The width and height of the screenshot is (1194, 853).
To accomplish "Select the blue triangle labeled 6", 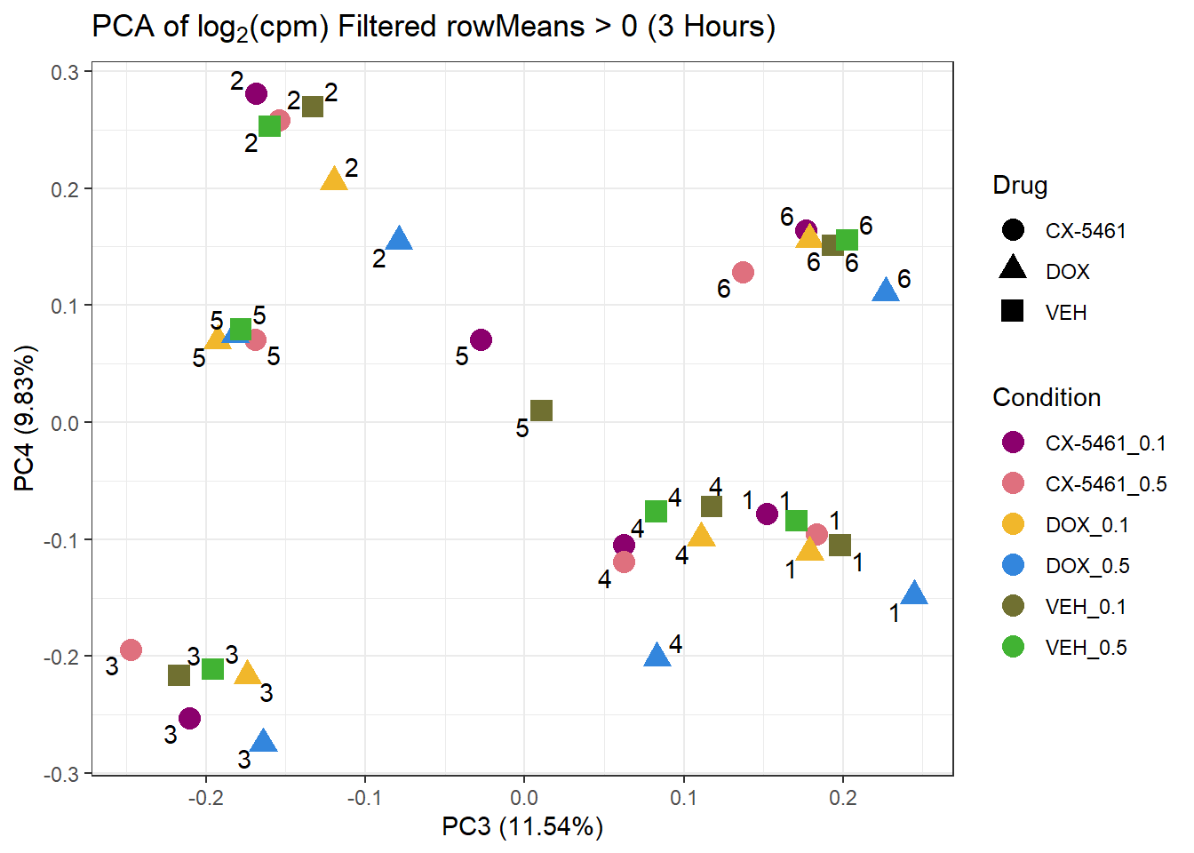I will coord(886,291).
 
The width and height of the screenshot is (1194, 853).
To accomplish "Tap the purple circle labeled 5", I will coord(481,339).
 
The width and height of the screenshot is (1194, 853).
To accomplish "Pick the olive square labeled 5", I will coord(541,411).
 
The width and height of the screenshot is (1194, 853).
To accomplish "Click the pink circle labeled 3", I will coord(131,650).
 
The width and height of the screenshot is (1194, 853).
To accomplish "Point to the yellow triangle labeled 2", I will coord(334,179).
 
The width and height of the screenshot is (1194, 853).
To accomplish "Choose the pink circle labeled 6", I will coord(743,272).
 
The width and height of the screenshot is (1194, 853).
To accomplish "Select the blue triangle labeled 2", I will coord(400,239).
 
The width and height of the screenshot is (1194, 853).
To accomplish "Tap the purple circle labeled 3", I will coord(189,718).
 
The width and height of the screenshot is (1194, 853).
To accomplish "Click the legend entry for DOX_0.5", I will coord(1087,566).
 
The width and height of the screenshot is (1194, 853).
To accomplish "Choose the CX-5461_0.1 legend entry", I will coord(1104,443).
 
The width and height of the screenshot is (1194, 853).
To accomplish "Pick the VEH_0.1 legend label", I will coord(1086,607).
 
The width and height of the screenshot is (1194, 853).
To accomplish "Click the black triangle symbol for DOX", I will coord(1013,268).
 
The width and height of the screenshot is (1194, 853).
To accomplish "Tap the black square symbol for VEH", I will coord(1013,311).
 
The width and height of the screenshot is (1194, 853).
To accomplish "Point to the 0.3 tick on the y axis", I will coord(65,73).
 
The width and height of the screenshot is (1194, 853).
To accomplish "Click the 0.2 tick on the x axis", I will coord(843,797).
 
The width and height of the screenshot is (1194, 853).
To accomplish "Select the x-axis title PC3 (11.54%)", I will coord(522,827).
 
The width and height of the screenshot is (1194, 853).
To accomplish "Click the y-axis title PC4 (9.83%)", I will coord(25,419).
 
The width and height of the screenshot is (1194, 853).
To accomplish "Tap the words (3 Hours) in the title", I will coord(711,27).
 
